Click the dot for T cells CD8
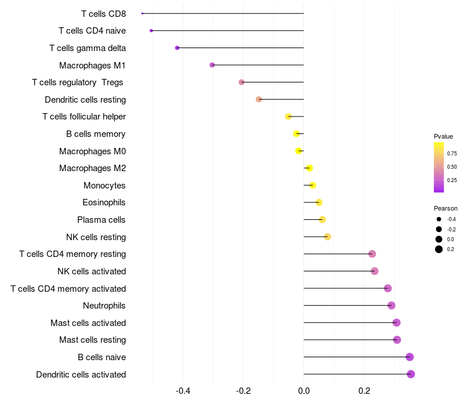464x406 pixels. [x=142, y=13]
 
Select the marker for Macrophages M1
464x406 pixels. [x=212, y=65]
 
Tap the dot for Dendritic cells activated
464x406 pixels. [x=411, y=374]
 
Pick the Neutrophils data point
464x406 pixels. [x=391, y=305]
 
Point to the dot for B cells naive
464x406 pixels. [x=409, y=357]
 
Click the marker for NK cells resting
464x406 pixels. [x=328, y=237]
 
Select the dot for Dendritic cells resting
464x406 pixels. [x=259, y=99]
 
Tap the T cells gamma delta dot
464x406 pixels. [x=177, y=48]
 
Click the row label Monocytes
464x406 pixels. [x=104, y=186]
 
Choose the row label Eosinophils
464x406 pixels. [x=104, y=202]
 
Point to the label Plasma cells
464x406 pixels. [x=101, y=220]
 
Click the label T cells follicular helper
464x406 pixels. [x=84, y=117]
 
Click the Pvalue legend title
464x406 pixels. [x=443, y=136]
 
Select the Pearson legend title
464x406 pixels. [x=445, y=208]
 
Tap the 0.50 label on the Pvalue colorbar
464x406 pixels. [x=452, y=167]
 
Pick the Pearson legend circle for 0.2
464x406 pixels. [x=439, y=249]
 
